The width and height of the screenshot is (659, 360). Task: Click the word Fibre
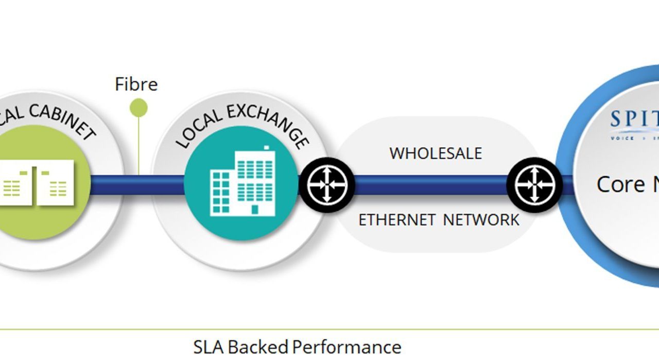pyautogui.click(x=136, y=84)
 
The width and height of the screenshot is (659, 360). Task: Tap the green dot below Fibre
pyautogui.click(x=138, y=108)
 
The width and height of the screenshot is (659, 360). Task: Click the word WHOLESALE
pyautogui.click(x=436, y=153)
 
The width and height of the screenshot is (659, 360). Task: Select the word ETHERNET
pyautogui.click(x=396, y=220)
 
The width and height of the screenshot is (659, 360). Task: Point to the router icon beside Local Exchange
pyautogui.click(x=327, y=184)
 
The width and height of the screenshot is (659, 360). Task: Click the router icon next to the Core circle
pyautogui.click(x=534, y=184)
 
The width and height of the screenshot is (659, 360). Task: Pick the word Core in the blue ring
pyautogui.click(x=620, y=184)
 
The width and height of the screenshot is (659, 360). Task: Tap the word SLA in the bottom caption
pyautogui.click(x=209, y=347)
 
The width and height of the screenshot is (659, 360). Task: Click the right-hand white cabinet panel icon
pyautogui.click(x=55, y=182)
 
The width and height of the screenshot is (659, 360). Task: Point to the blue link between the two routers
pyautogui.click(x=430, y=184)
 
